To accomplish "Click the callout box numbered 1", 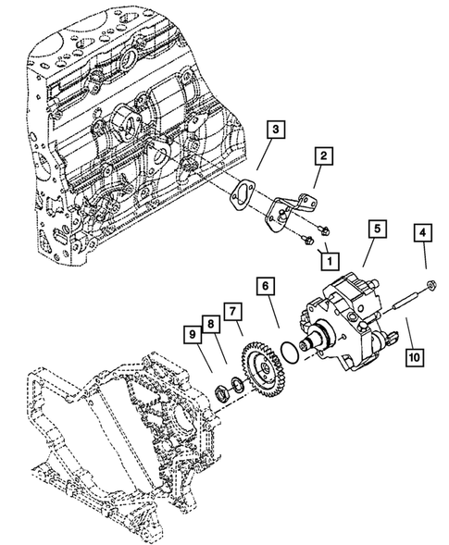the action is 330,260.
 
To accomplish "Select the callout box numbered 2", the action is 323,155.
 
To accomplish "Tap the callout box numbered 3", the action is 276,130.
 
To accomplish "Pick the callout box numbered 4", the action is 422,233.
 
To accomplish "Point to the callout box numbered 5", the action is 378,229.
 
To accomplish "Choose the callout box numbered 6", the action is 266,286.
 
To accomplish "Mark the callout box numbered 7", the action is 232,311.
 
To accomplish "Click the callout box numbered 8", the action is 211,324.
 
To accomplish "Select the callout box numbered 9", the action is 193,335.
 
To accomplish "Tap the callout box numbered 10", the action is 415,356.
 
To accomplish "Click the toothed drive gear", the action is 260,368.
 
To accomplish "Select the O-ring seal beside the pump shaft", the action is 290,352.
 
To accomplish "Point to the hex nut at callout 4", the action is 430,285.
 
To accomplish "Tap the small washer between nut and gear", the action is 236,386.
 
